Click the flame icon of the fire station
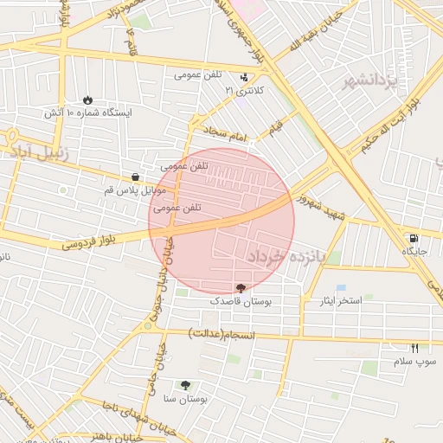pos(88,100)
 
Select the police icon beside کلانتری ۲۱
pos(254,76)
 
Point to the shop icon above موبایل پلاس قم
pos(135,177)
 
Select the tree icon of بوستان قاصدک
pos(240,287)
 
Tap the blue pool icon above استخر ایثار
pos(341,287)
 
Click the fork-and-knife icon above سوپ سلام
pos(414,347)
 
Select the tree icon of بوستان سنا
pos(185,385)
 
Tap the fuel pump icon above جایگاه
pos(414,238)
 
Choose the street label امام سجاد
pos(226,132)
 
